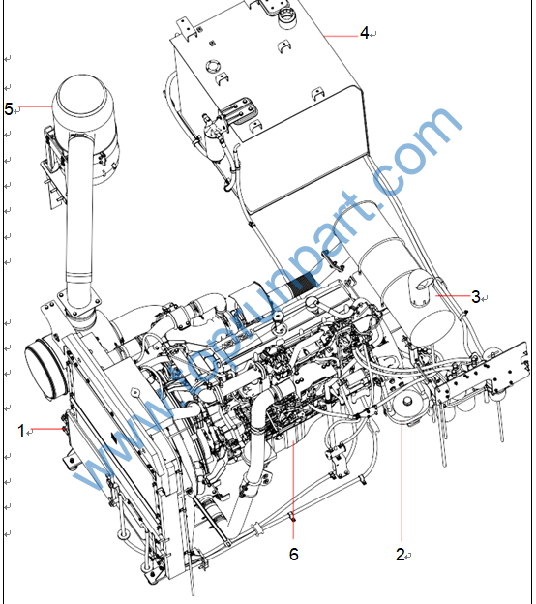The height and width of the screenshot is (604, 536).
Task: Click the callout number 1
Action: [x=21, y=431]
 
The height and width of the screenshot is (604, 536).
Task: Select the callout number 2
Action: [x=401, y=555]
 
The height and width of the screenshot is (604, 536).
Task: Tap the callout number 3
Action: [x=476, y=296]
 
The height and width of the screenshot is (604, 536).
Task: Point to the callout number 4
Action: [x=364, y=33]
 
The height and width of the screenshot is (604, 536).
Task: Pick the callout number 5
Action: [x=9, y=109]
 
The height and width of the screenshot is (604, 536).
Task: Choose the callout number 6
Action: [x=293, y=554]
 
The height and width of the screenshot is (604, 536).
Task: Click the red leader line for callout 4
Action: [x=341, y=36]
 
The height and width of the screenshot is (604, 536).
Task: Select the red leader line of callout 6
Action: [x=293, y=490]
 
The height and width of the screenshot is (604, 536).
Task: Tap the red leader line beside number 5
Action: [x=35, y=106]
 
